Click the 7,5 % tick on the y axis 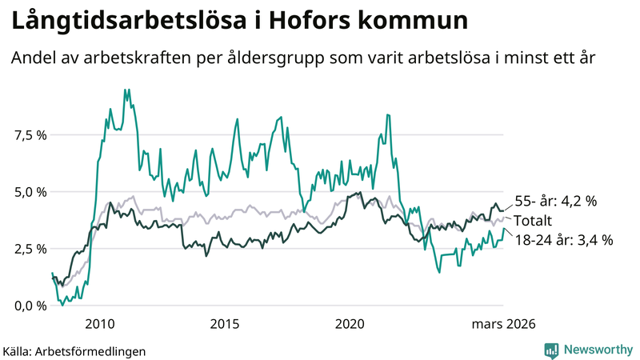[29, 135]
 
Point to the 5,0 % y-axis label [29, 192]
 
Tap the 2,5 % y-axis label [29, 249]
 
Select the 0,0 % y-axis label [29, 306]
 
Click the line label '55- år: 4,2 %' [555, 202]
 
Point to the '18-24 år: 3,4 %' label [563, 240]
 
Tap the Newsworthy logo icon [551, 350]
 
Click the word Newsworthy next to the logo [598, 350]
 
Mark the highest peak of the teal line [125, 90]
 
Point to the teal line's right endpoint [504, 229]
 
